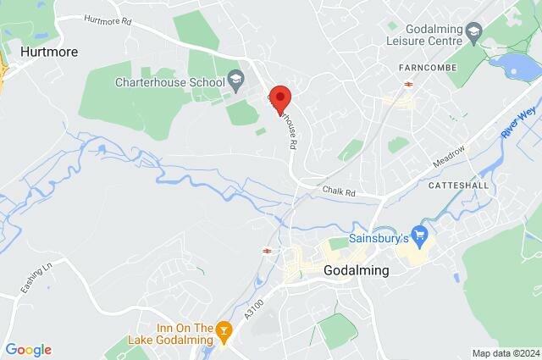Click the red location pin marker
pos(279,97)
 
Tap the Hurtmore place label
pos(49,52)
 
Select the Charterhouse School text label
pos(170,83)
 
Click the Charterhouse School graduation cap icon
pos(235,82)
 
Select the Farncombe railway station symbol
pos(408,83)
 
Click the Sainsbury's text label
pos(379,238)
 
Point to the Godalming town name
pos(357,271)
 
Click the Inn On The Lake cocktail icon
pos(224,329)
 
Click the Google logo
pos(28,349)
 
